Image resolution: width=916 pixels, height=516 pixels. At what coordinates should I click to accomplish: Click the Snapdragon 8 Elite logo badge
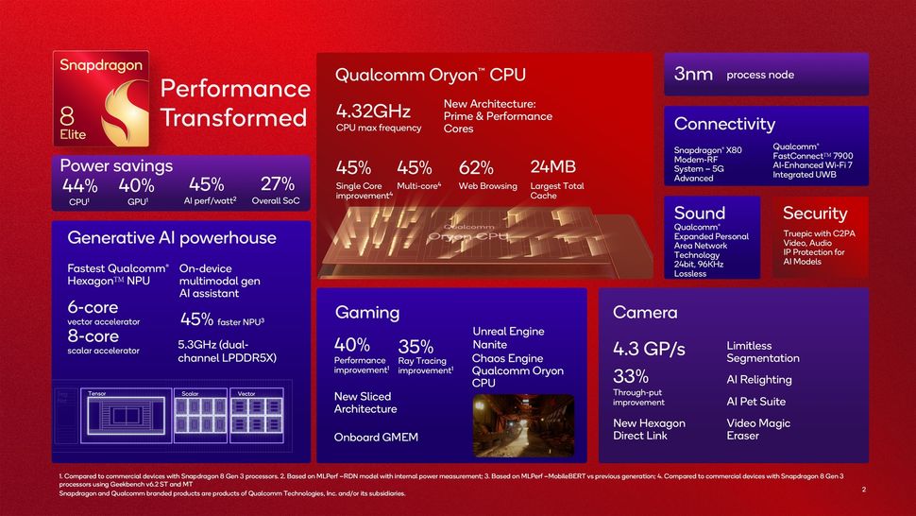tap(100, 98)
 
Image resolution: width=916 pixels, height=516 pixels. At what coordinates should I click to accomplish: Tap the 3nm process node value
tap(693, 75)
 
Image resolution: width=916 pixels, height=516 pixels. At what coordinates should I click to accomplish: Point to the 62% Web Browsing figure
tap(476, 168)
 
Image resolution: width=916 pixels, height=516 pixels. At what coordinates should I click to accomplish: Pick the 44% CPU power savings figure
tap(79, 185)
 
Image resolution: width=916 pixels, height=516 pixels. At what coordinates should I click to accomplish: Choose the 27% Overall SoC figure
tap(278, 185)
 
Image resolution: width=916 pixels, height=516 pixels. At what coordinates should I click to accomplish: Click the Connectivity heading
tap(724, 124)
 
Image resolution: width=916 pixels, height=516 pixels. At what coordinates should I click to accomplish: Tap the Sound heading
tap(700, 214)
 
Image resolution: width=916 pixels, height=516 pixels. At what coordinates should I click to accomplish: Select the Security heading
tap(815, 214)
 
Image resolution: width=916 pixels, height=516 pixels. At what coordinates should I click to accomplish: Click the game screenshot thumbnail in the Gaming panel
tap(523, 426)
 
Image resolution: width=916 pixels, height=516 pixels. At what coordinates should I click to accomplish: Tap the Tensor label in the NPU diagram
tap(96, 393)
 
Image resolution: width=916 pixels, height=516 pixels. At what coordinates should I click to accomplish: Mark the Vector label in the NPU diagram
tap(246, 393)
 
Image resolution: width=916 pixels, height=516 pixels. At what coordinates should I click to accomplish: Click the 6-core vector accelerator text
tap(93, 308)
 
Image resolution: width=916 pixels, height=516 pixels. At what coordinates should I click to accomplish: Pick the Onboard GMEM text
tap(376, 438)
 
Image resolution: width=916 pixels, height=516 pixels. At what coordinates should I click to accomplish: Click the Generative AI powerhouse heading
tap(172, 237)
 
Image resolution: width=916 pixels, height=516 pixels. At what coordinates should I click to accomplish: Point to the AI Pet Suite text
tap(755, 402)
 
